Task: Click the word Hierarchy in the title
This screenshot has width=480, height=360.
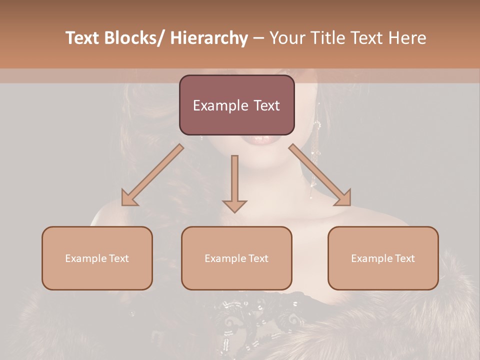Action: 208,38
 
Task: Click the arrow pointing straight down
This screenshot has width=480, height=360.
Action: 234,180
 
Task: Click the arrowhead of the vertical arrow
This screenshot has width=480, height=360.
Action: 234,205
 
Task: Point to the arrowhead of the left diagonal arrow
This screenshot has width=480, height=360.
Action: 129,198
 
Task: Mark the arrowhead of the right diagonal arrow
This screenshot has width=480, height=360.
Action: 343,198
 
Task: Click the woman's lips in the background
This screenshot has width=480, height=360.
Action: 263,139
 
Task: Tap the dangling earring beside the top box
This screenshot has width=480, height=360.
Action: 314,150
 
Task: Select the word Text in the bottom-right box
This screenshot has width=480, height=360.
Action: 404,258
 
